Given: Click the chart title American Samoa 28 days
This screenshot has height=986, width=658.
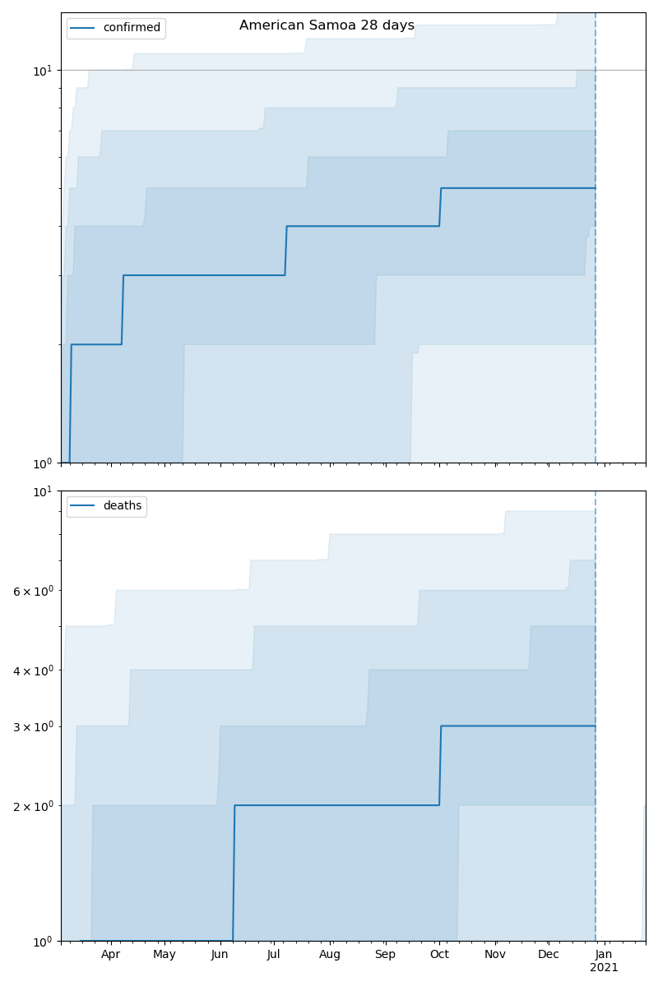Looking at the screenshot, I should tap(327, 25).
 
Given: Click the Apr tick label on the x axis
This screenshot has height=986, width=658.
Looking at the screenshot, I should tap(110, 954).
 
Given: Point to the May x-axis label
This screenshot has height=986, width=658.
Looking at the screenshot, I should tap(164, 954).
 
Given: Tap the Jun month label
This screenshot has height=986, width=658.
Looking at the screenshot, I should tap(220, 954).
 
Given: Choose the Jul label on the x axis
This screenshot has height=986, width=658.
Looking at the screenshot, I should tap(274, 954).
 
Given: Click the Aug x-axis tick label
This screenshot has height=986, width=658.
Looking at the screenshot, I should tap(330, 954).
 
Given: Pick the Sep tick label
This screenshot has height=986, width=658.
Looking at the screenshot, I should tap(385, 954).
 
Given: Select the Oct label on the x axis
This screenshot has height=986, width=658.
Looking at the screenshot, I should tap(439, 954).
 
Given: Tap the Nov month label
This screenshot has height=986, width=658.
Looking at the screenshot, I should tap(495, 954).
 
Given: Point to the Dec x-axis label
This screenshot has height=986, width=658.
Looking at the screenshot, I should tap(549, 954).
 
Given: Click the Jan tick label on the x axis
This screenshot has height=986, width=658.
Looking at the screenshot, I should tap(604, 954).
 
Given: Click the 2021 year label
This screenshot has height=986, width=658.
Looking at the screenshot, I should tap(604, 968).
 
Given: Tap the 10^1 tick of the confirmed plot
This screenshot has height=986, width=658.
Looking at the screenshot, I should tap(42, 71).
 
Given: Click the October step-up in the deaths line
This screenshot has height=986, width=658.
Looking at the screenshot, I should tap(440, 766).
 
